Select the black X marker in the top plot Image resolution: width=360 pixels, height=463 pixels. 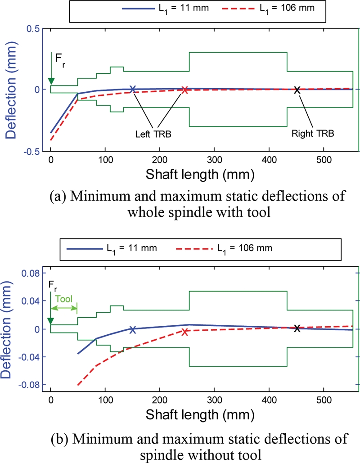pos(297,90)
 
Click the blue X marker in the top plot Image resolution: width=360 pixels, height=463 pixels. pos(133,89)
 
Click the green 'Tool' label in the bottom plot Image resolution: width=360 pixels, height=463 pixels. pos(63,298)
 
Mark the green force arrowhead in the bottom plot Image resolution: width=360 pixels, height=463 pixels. pos(51,321)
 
